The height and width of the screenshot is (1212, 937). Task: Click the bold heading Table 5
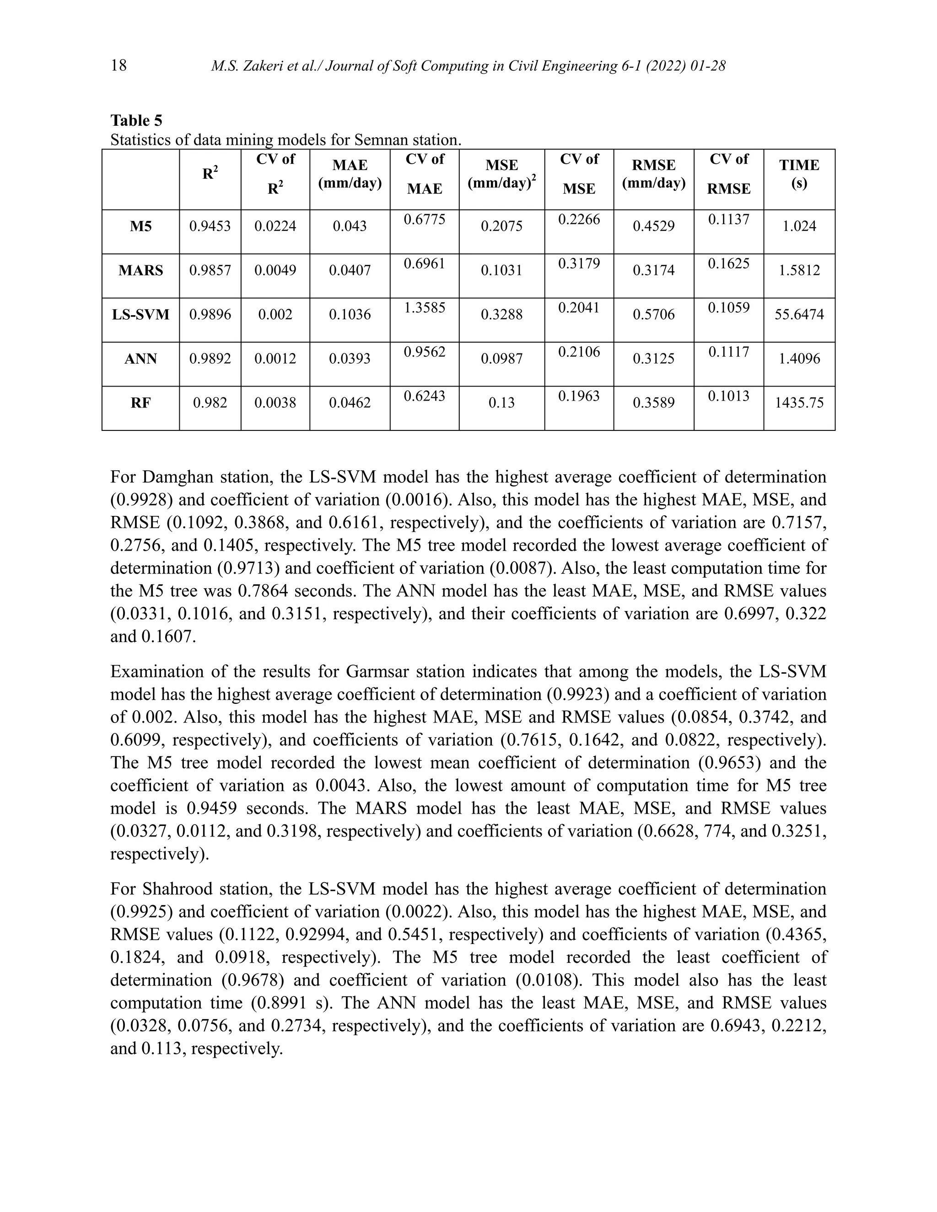136,120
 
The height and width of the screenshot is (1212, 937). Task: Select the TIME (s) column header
799,174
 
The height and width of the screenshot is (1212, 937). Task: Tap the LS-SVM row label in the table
140,315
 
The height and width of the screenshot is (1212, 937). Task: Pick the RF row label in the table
140,403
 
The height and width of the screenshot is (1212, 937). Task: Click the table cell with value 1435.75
799,403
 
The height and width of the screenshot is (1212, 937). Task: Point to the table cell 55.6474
799,315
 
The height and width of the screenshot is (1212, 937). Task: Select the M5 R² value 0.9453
210,226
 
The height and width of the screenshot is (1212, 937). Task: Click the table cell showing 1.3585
424,308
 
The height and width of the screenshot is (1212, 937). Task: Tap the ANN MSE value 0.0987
501,359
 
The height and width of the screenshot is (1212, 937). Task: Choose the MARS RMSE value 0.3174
653,271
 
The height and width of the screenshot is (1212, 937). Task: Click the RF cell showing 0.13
501,403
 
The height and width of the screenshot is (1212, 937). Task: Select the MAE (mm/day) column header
350,174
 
